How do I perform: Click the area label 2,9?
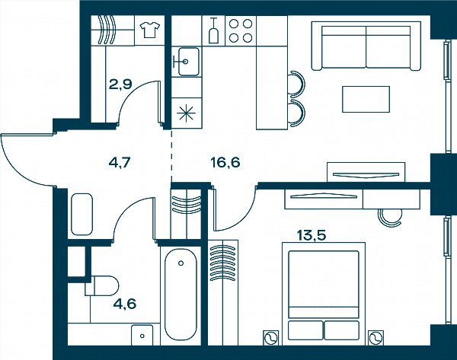[x=120, y=84]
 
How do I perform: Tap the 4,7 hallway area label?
[x=120, y=163]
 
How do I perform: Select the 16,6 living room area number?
[x=225, y=162]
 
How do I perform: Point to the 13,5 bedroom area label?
[x=312, y=235]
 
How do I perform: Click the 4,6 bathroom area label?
[x=125, y=304]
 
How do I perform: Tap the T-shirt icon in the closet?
[x=150, y=30]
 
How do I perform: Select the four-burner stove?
[x=241, y=30]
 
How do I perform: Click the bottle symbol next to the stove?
[x=213, y=30]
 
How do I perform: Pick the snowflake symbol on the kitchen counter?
[x=187, y=113]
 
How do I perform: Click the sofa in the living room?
[x=366, y=46]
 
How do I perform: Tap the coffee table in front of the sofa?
[x=366, y=99]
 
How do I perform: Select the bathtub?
[x=181, y=295]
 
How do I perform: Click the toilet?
[x=102, y=285]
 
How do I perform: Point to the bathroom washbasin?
[x=142, y=335]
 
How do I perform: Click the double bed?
[x=324, y=294]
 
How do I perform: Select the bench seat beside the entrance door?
[x=82, y=214]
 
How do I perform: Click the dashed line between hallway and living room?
[x=171, y=156]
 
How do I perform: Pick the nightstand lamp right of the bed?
[x=376, y=338]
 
